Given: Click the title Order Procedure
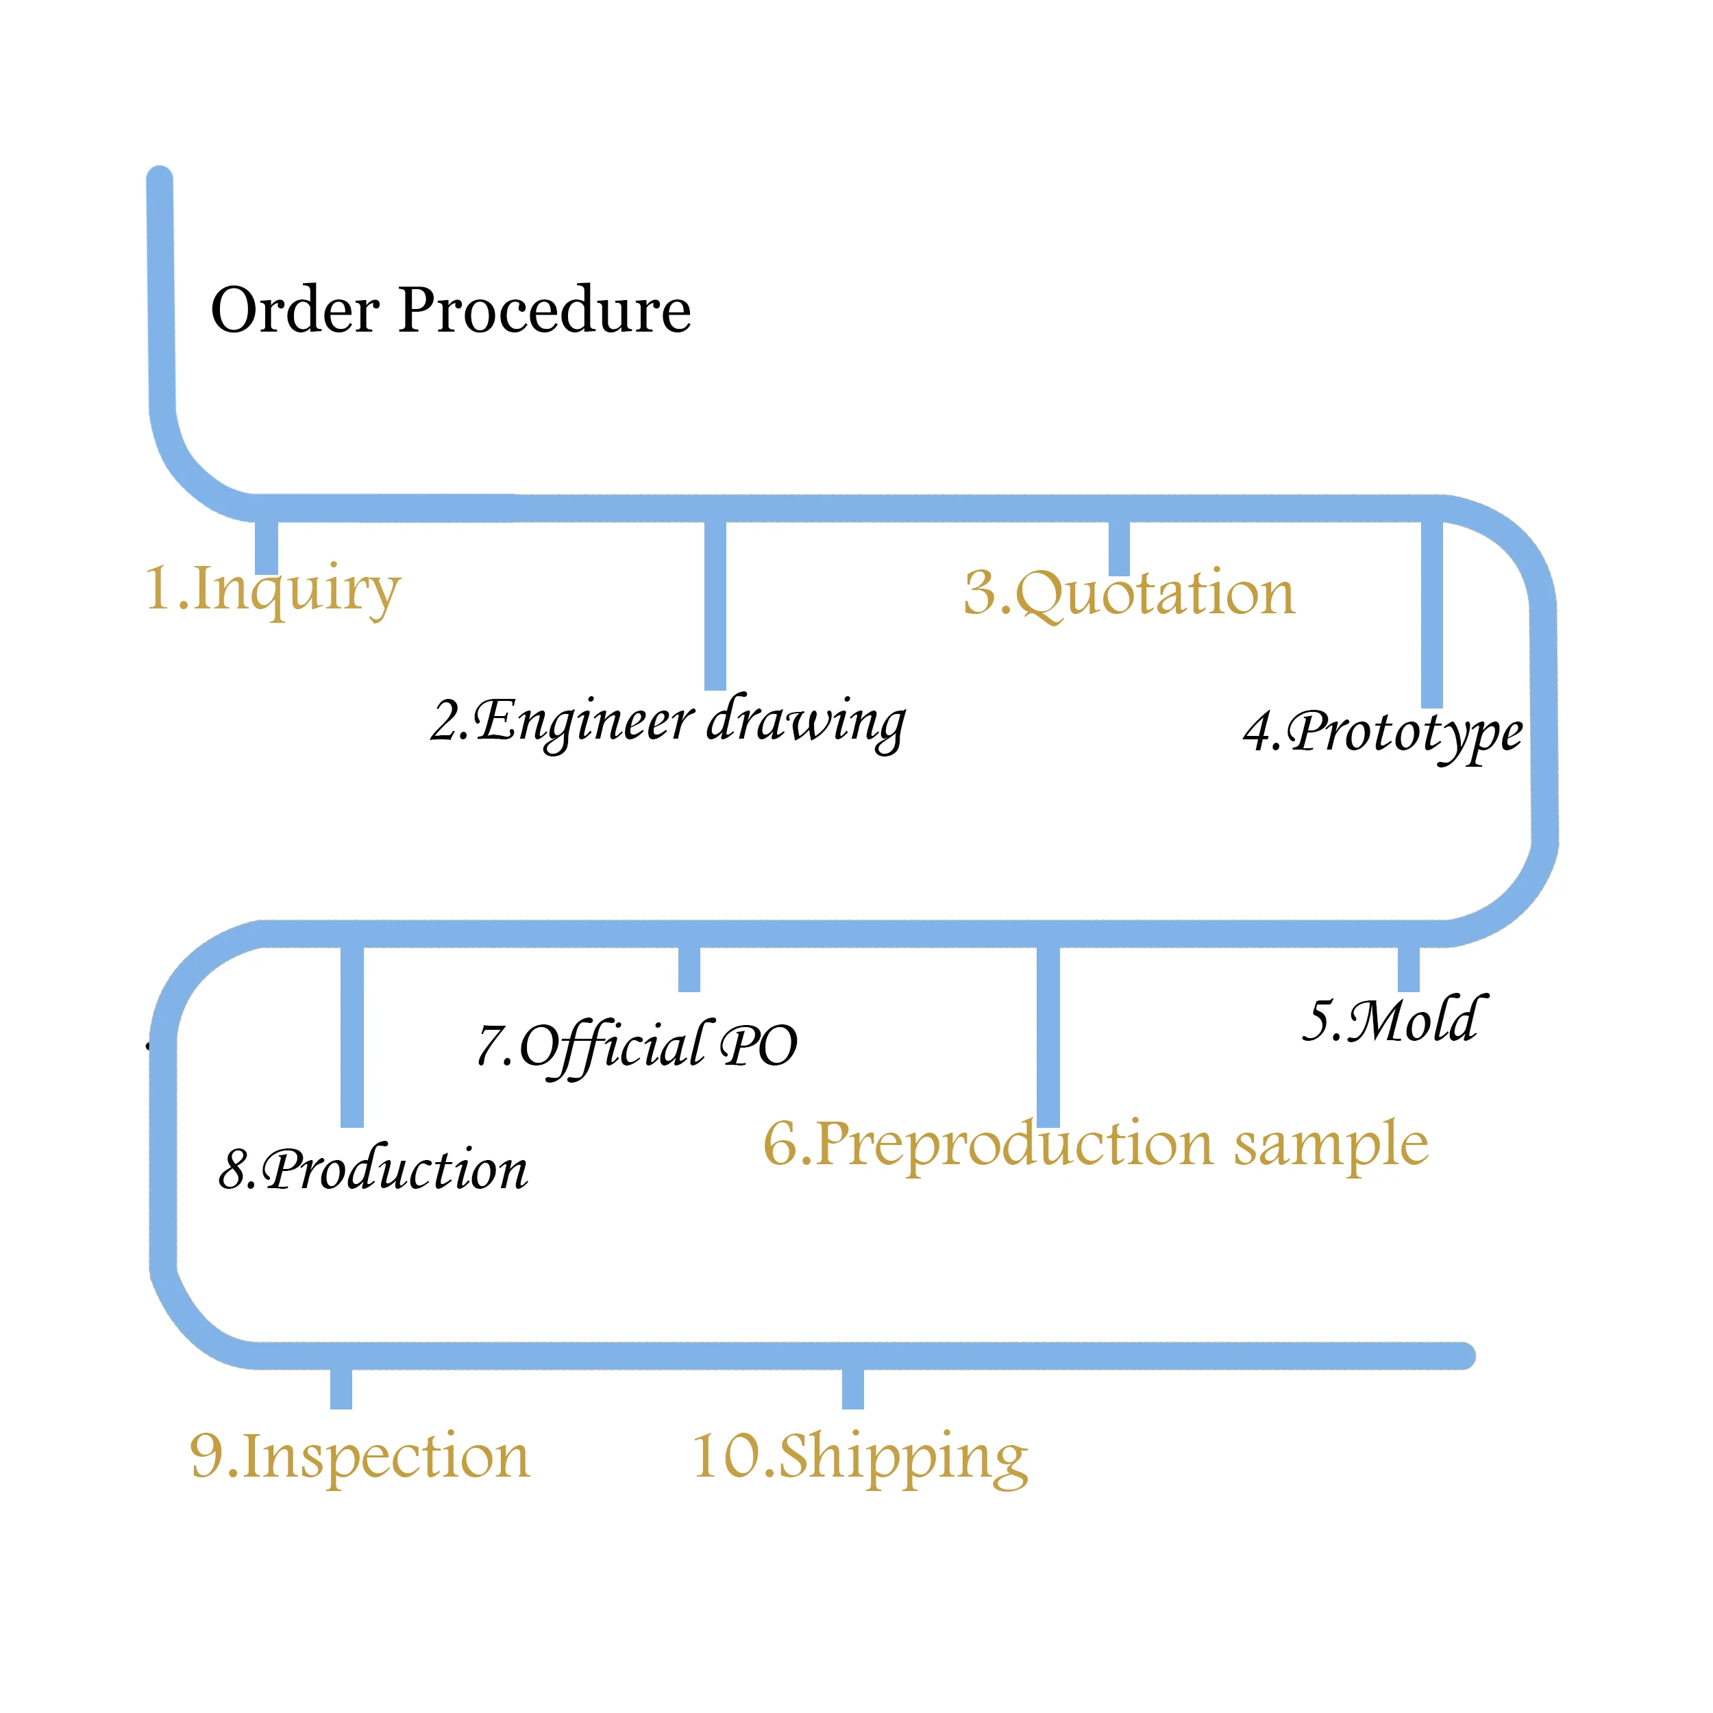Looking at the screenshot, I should pyautogui.click(x=450, y=310).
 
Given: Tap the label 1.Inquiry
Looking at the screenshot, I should pyautogui.click(x=273, y=589).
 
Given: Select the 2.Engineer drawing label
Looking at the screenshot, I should pyautogui.click(x=667, y=720).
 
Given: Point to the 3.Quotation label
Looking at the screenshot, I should pyautogui.click(x=1129, y=592).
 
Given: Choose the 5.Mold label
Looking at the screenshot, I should pyautogui.click(x=1393, y=1020).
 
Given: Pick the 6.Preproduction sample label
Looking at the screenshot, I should pyautogui.click(x=1095, y=1144).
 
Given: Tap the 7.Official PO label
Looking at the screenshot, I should pyautogui.click(x=637, y=1046).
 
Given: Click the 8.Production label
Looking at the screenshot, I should pyautogui.click(x=373, y=1170).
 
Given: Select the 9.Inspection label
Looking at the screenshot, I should pyautogui.click(x=360, y=1456).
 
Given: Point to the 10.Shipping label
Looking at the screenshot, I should pyautogui.click(x=859, y=1456).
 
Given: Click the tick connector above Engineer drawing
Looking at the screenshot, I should pyautogui.click(x=715, y=605).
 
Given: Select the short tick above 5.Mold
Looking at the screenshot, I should pyautogui.click(x=1409, y=968).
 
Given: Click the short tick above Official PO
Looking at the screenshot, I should pyautogui.click(x=689, y=968).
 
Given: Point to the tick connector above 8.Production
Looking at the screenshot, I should pyautogui.click(x=352, y=1035).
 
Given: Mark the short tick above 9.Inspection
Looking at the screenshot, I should pyautogui.click(x=341, y=1388).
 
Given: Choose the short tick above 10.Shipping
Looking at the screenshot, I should pyautogui.click(x=853, y=1388).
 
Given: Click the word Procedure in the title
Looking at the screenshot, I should pyautogui.click(x=545, y=310).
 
